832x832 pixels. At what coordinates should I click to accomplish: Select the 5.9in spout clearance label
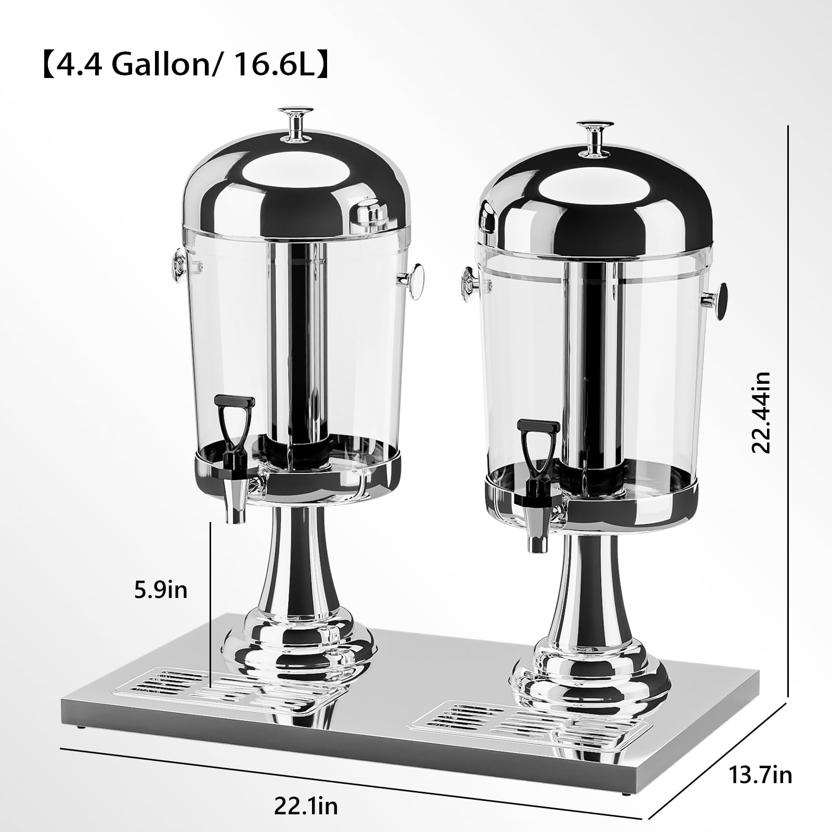tap(161, 590)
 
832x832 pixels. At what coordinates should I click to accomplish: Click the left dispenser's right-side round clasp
tap(414, 281)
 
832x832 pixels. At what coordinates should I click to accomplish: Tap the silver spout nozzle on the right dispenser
tap(537, 536)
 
